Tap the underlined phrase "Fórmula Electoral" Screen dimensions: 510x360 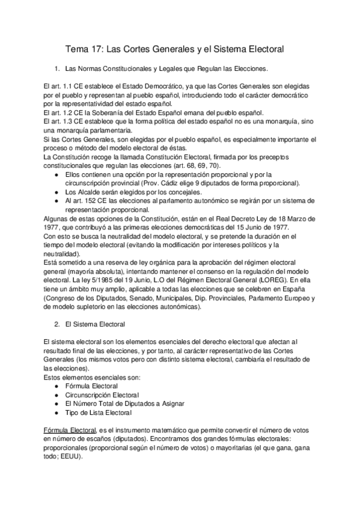(70, 432)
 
